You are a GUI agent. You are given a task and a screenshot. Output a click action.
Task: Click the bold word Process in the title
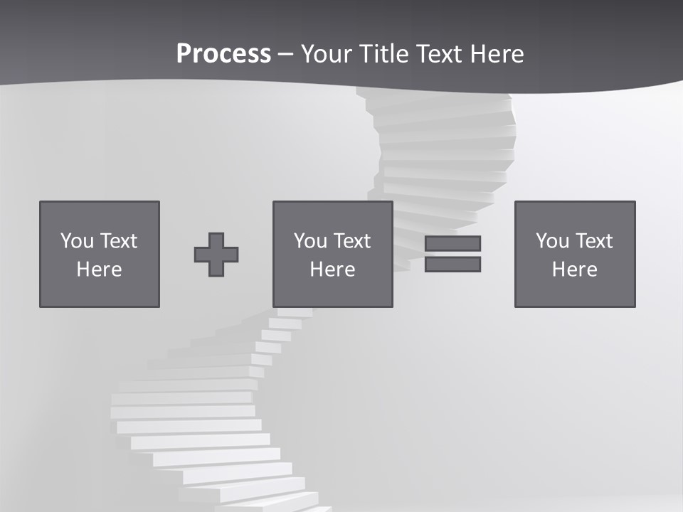pyautogui.click(x=223, y=54)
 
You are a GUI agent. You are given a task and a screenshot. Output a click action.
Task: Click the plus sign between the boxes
pyautogui.click(x=216, y=255)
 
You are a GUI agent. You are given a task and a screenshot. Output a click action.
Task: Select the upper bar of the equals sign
pyautogui.click(x=452, y=243)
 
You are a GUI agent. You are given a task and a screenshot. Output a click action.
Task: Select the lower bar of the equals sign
pyautogui.click(x=452, y=265)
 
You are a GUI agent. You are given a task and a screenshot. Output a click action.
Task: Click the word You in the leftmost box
pyautogui.click(x=77, y=241)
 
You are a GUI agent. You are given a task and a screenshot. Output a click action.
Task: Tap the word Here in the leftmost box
pyautogui.click(x=99, y=270)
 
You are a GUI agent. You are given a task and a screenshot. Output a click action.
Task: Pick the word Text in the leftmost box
pyautogui.click(x=118, y=241)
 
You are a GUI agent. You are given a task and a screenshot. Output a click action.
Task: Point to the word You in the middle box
pyautogui.click(x=310, y=241)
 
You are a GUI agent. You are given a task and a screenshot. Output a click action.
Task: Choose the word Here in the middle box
pyautogui.click(x=332, y=270)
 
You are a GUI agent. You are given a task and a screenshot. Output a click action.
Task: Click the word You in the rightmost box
pyautogui.click(x=552, y=241)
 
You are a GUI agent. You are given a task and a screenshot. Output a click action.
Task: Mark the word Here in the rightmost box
pyautogui.click(x=574, y=270)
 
